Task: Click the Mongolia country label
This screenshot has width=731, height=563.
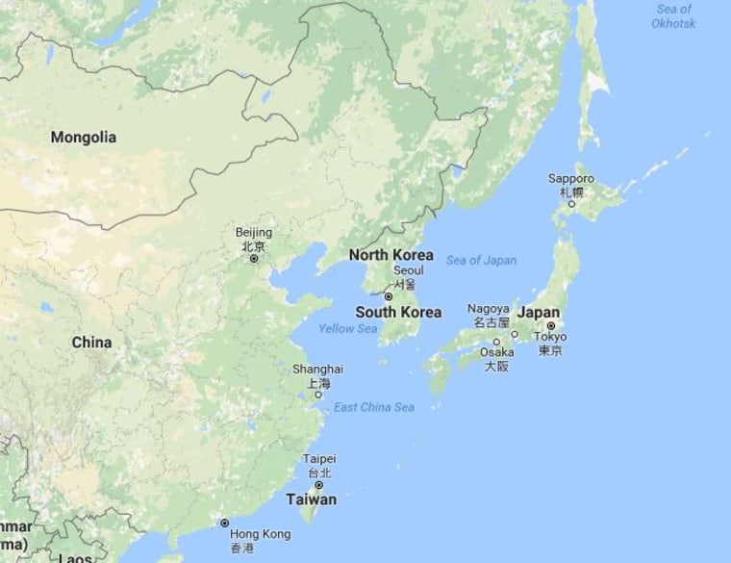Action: [84, 138]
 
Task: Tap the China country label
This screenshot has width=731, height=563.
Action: [91, 343]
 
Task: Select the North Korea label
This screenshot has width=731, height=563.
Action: [391, 255]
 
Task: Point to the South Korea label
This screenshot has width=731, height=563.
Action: [398, 312]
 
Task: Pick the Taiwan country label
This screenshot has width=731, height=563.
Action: [312, 499]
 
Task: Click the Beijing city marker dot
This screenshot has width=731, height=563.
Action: [254, 259]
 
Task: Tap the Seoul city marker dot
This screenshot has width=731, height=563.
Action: [389, 296]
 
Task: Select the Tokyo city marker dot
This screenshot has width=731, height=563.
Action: [551, 325]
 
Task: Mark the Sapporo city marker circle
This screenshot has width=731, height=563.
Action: [571, 204]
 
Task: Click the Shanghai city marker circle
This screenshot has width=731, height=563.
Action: [318, 395]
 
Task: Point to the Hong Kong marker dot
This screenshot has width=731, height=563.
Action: [224, 523]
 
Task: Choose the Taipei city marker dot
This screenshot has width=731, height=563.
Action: [318, 485]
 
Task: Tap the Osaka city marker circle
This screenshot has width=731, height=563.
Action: [497, 342]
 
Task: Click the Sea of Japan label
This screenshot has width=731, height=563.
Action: [481, 260]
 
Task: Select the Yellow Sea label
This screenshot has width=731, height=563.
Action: [347, 329]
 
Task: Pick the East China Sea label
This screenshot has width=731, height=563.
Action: [374, 408]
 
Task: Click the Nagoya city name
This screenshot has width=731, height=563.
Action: [488, 308]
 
